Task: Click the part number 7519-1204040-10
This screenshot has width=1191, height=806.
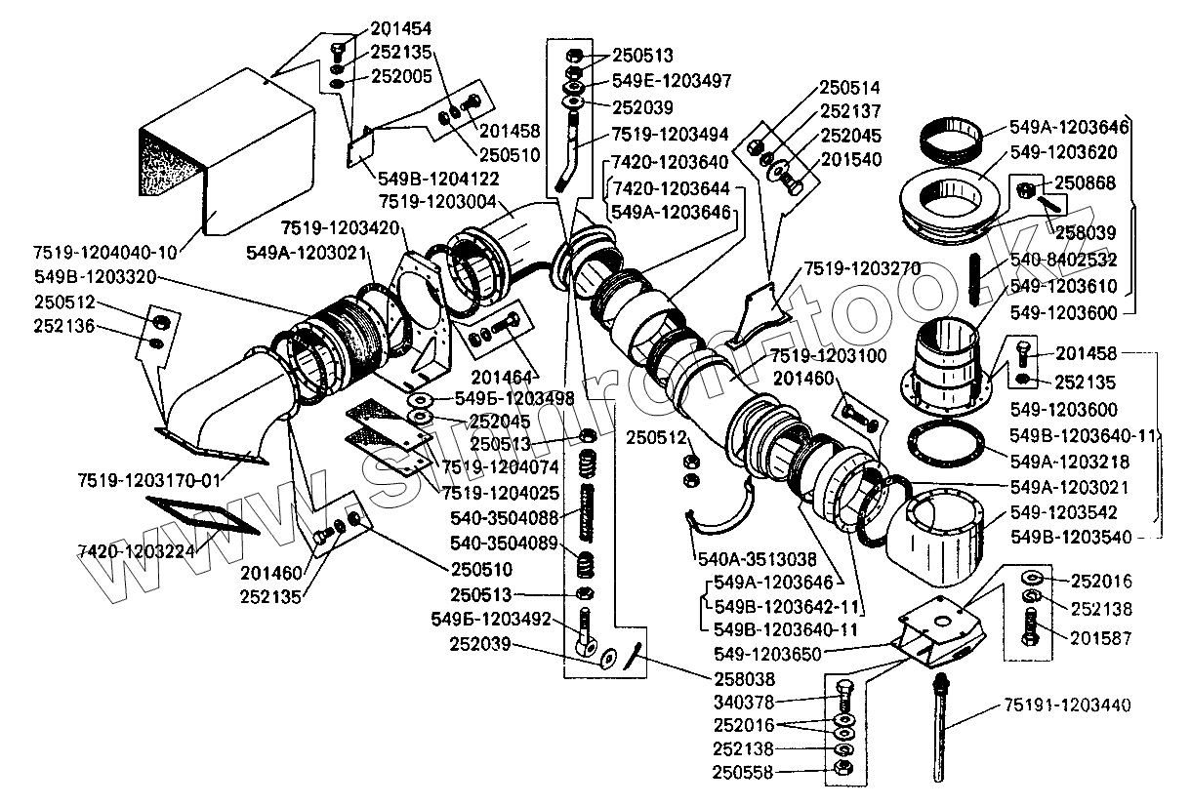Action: pos(105,253)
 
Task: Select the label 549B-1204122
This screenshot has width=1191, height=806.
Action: pos(438,179)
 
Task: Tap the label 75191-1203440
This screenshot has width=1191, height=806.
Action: pos(1067,705)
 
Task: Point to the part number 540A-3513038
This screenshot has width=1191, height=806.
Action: pos(758,559)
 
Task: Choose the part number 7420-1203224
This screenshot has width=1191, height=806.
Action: pos(137,551)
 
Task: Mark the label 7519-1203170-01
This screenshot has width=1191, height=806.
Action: pos(148,481)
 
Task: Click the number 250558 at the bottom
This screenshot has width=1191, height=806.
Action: pos(743,772)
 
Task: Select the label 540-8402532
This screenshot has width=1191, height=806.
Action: pos(1063,260)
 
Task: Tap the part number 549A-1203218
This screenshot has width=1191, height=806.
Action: pos(1069,462)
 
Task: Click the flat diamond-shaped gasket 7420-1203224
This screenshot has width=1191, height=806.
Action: pos(203,516)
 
